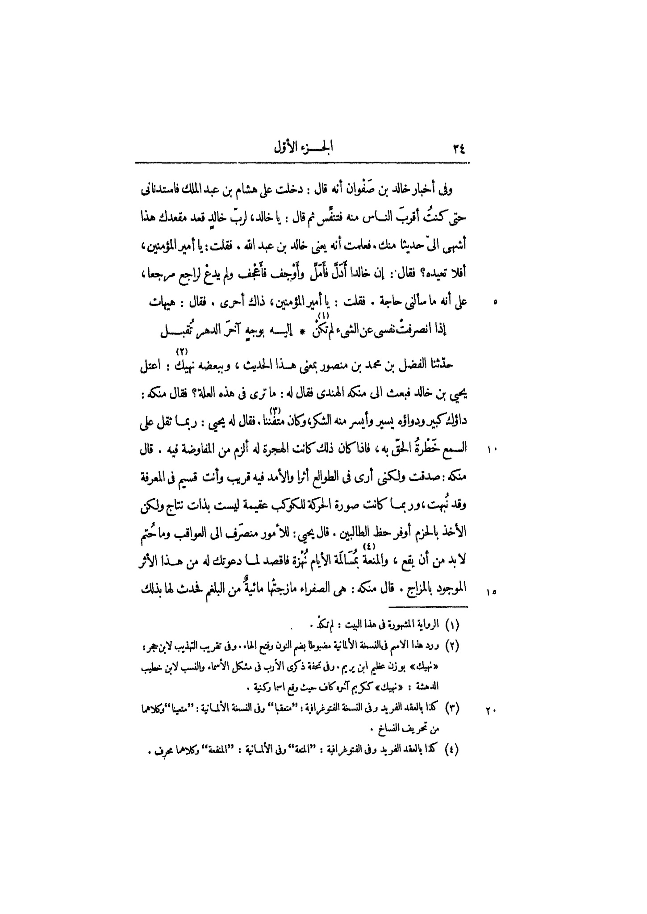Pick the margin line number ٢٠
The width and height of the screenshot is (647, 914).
pyautogui.click(x=491, y=709)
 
